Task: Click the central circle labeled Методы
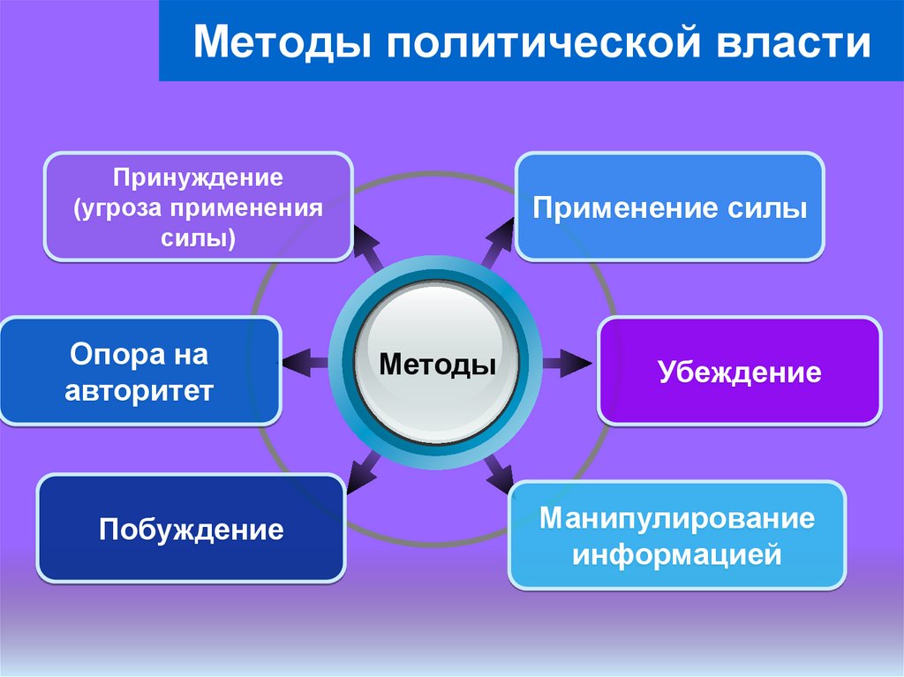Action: coord(437,363)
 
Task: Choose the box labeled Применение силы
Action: coord(669,208)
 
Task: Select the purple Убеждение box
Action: coord(739,372)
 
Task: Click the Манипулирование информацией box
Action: coord(677,536)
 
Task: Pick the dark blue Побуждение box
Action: coord(191,529)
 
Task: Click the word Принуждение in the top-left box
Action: coord(198,178)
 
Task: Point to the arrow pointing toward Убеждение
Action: coord(567,362)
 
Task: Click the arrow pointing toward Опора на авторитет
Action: coord(306,363)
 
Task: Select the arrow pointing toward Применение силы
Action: coord(498,241)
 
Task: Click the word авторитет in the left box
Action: coord(139,390)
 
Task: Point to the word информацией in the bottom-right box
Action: coord(677,555)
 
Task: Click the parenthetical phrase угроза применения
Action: coord(198,209)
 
